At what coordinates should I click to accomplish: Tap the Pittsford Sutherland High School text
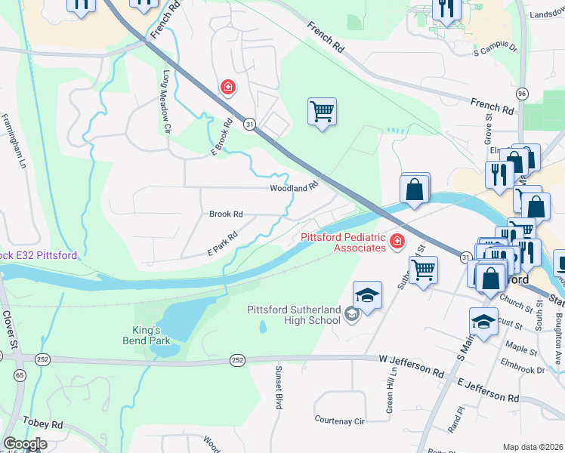point(294,315)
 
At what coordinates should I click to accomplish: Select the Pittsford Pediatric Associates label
point(343,242)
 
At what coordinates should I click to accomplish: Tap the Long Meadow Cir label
point(165,102)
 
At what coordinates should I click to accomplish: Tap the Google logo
point(24,444)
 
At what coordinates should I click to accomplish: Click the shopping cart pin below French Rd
point(322,112)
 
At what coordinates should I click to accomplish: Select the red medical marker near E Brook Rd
point(227,88)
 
